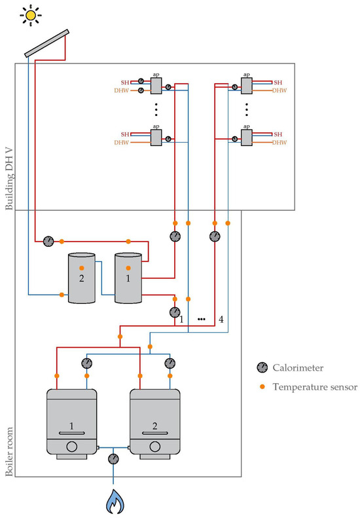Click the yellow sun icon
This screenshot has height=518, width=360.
point(31,15)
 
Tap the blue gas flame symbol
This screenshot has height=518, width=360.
point(115,502)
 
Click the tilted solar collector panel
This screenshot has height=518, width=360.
point(46,43)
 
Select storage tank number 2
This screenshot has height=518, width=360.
point(82,278)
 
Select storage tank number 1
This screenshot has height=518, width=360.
point(128,278)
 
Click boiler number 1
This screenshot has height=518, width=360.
point(71,424)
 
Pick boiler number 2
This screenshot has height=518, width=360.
point(155,424)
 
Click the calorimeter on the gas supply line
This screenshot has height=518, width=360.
point(113,459)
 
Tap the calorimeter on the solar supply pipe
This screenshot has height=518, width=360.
point(48,242)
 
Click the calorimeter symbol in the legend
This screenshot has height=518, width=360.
point(262,367)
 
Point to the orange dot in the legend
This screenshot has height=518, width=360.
point(262,386)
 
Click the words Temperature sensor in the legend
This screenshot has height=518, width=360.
point(315,387)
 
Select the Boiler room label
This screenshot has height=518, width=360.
point(9,452)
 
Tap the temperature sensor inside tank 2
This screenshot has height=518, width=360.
point(82,268)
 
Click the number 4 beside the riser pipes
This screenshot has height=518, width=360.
point(221,320)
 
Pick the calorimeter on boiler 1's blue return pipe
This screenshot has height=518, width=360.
point(86,363)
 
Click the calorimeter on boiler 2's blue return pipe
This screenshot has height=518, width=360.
point(170,363)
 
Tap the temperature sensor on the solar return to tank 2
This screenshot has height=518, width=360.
point(62,295)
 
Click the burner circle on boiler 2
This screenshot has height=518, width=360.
point(155,447)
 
